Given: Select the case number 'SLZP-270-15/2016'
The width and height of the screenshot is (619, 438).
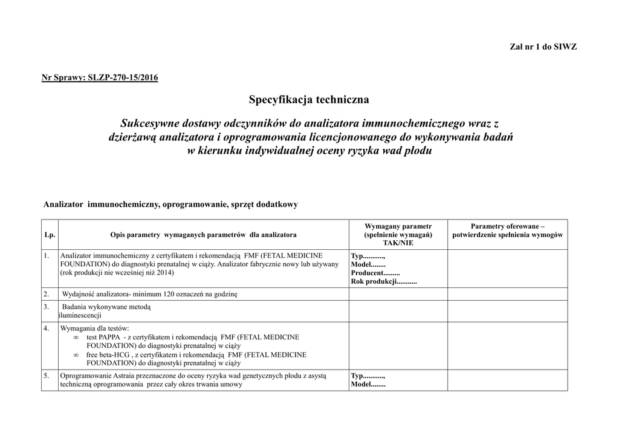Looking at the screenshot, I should click(123, 79).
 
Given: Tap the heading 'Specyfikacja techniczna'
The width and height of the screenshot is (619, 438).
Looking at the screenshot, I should click(308, 99).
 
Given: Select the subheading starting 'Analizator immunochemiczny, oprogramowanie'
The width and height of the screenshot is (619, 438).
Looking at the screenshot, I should click(170, 204).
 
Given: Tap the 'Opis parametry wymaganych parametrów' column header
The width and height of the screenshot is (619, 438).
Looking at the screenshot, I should click(203, 234).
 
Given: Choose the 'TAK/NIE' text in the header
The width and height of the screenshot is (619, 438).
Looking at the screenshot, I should click(398, 243).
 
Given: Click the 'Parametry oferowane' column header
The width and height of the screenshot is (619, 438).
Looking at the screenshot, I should click(508, 230).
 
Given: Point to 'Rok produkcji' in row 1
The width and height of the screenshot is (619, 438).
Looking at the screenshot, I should click(374, 282).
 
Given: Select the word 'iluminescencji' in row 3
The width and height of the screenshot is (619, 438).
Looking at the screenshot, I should click(80, 316).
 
